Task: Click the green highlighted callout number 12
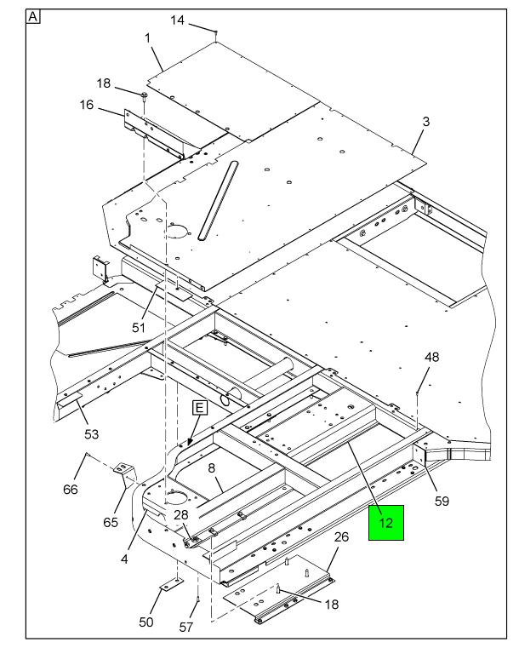385,523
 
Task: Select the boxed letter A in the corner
33,17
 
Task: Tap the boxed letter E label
199,408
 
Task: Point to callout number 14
178,20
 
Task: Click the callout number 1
147,38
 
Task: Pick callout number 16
87,105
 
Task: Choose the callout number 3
425,122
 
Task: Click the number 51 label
139,328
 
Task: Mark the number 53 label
92,434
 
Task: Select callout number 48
432,357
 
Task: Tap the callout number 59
442,502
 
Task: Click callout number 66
71,490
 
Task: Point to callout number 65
111,522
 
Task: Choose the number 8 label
211,468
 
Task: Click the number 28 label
181,514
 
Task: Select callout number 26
341,536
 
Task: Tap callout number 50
146,622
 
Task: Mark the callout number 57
185,628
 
